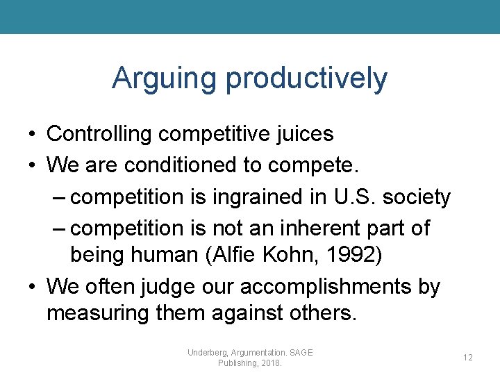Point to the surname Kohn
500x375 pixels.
coord(306,255)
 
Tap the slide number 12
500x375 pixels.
coord(467,357)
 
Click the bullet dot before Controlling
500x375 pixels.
coord(32,134)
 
